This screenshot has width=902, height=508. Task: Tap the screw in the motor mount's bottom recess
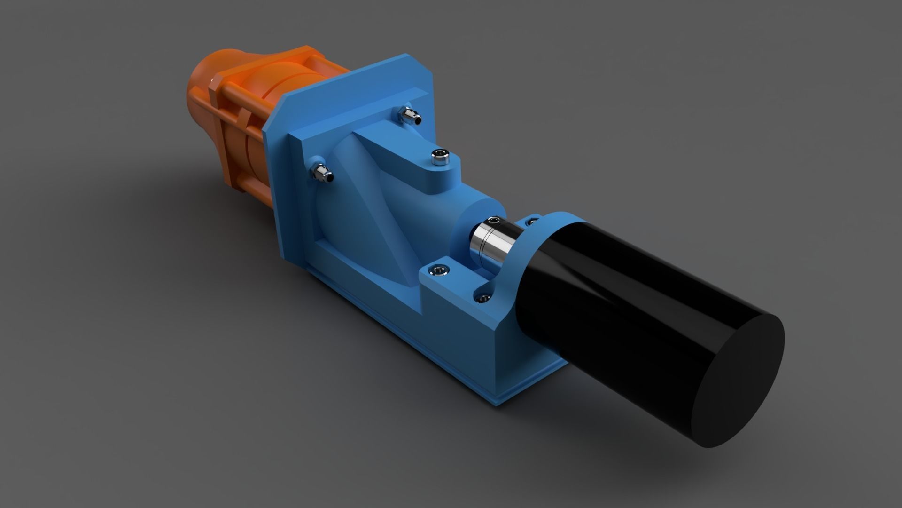(482, 298)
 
